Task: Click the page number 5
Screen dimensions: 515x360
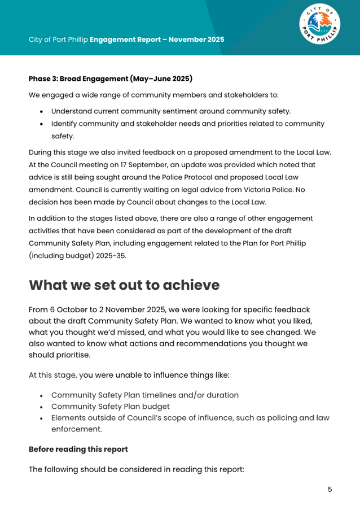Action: [x=330, y=489]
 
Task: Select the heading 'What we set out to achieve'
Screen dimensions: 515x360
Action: [x=124, y=285]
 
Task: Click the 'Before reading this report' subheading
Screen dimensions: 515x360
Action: [x=78, y=449]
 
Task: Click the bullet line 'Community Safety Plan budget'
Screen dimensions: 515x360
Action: [x=110, y=406]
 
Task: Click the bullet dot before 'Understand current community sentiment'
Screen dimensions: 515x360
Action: [x=42, y=112]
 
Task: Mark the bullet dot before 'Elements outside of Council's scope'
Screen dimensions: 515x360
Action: [x=42, y=418]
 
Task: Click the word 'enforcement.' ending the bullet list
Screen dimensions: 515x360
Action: [x=77, y=429]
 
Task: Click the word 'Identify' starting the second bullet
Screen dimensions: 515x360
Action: [x=66, y=123]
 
